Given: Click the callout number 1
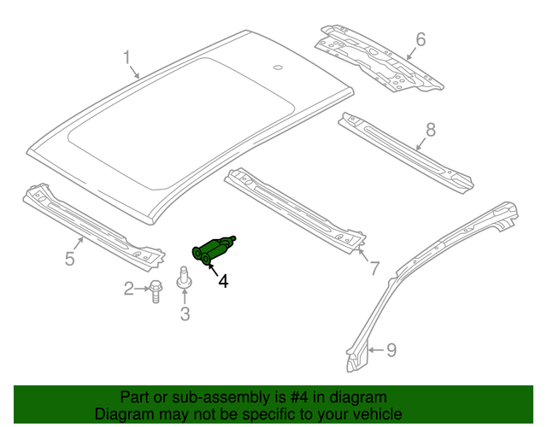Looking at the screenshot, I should point(126,58).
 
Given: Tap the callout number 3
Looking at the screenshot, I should point(185,315).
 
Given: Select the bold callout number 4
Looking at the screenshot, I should point(223,281).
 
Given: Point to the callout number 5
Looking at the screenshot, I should point(71,257).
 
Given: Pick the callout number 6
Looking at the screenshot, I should point(420,39).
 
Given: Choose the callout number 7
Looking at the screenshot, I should point(373,268).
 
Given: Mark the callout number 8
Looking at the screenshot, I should point(430,129).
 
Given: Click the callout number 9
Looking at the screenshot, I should point(391,348).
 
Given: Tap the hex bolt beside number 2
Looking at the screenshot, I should point(156,290).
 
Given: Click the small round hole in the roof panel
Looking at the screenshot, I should point(277,67).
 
